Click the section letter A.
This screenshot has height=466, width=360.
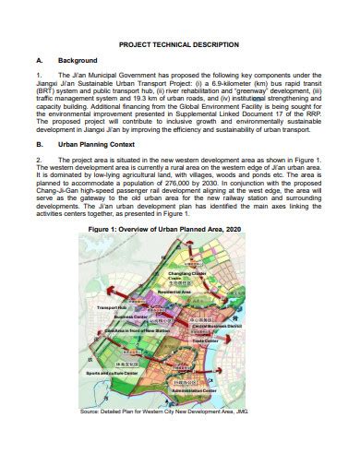pos(36,60)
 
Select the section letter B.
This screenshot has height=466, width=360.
pos(36,170)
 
